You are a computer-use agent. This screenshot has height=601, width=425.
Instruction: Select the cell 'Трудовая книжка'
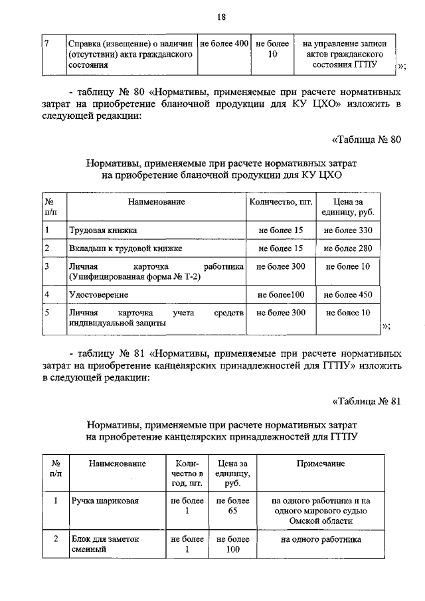point(104,230)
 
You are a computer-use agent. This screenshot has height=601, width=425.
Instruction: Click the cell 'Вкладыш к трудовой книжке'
point(125,248)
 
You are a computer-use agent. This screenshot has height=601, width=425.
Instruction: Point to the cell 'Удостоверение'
point(99,294)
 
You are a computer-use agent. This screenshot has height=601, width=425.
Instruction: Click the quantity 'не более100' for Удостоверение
point(280,294)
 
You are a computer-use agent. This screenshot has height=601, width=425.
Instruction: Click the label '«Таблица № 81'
point(367,400)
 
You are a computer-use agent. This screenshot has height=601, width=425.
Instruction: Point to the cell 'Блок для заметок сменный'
point(105,545)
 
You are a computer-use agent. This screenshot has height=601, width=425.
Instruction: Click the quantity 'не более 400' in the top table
point(224,43)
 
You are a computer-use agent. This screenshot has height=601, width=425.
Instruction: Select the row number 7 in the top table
point(47,43)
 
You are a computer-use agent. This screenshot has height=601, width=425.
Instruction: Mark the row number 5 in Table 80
point(47,312)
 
